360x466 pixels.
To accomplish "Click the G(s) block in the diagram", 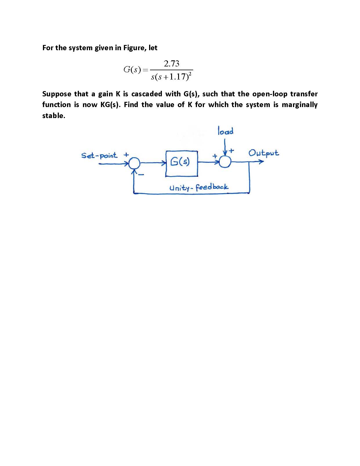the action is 182,163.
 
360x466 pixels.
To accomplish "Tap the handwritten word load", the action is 225,131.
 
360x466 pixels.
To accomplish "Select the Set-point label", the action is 99,156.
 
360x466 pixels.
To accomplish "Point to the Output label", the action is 263,153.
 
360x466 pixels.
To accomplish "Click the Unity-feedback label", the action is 199,187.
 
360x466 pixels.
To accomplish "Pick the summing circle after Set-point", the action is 134,163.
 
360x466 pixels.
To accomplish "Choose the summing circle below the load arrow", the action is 225,162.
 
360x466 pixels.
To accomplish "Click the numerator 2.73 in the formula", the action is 171,64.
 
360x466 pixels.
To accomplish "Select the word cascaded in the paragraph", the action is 146,94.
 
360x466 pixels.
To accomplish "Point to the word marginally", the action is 299,104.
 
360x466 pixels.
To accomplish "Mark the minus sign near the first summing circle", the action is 141,175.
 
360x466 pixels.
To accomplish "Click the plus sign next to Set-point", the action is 126,155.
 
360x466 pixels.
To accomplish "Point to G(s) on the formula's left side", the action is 132,70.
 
